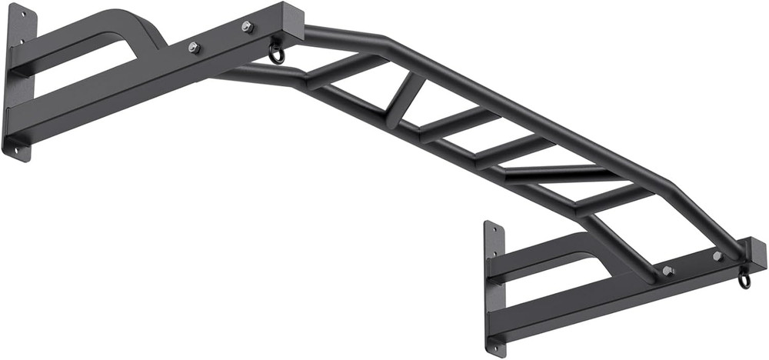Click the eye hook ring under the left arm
click(x=276, y=54)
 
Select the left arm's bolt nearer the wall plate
click(x=194, y=48)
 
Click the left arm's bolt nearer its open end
click(x=247, y=27)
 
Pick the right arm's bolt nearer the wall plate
click(x=667, y=271)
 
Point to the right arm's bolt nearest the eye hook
click(x=717, y=256)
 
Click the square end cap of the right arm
click(x=757, y=254)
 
